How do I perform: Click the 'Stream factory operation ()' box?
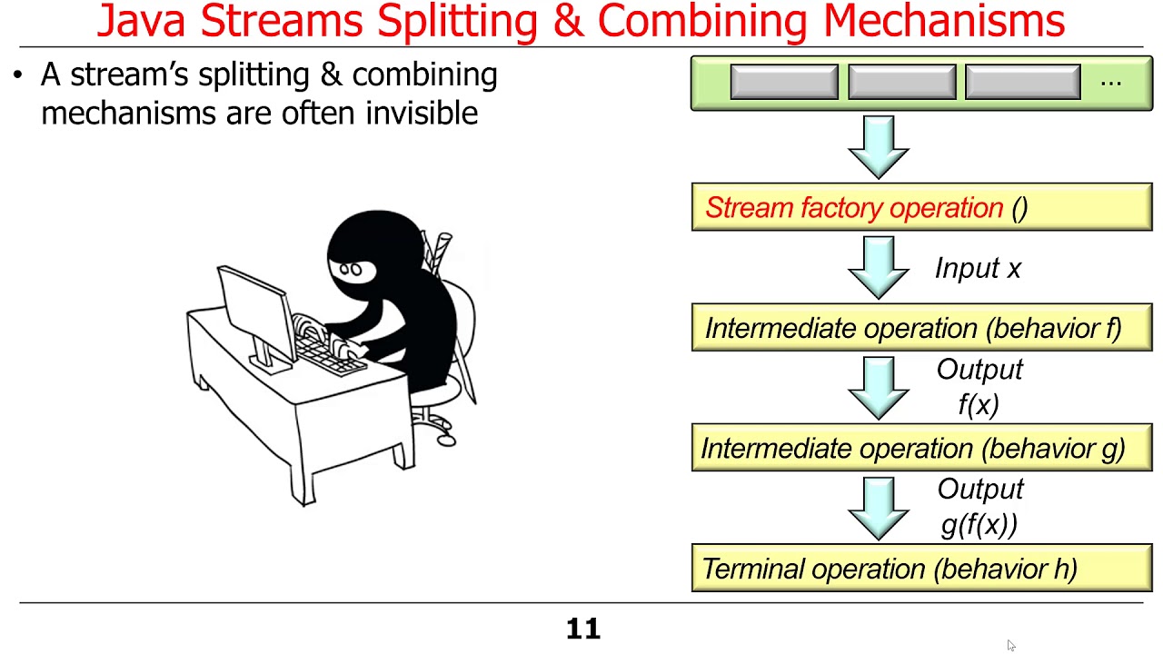[921, 208]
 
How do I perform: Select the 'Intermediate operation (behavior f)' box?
[921, 328]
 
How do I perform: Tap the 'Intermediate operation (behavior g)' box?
[921, 448]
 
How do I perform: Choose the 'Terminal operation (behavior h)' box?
[921, 569]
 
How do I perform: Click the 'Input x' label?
[978, 269]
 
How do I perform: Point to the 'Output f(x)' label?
[979, 387]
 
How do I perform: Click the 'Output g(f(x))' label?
[979, 507]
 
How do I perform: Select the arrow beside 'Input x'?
[879, 268]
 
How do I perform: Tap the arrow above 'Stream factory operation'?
[879, 147]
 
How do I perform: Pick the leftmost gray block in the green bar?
[784, 82]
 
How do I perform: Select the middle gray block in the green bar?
[901, 82]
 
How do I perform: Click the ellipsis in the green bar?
[1110, 82]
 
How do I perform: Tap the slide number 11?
[582, 629]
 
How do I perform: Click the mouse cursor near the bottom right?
[1011, 646]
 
